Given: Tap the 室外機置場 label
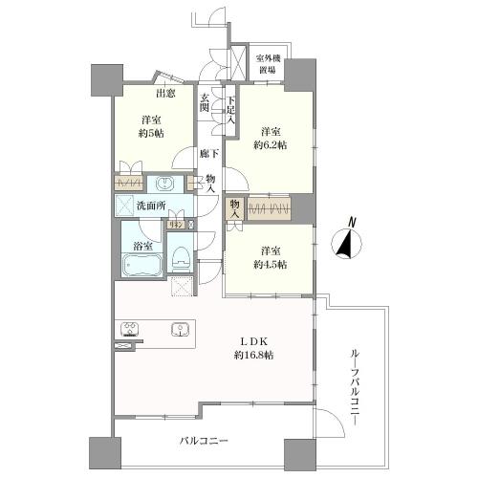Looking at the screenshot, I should tap(267, 63).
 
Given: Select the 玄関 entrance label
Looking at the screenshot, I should tap(206, 102).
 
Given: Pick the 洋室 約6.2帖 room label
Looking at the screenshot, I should tap(269, 140).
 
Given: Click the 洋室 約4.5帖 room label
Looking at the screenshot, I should tap(268, 258).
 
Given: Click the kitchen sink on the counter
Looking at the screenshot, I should tap(178, 331).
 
